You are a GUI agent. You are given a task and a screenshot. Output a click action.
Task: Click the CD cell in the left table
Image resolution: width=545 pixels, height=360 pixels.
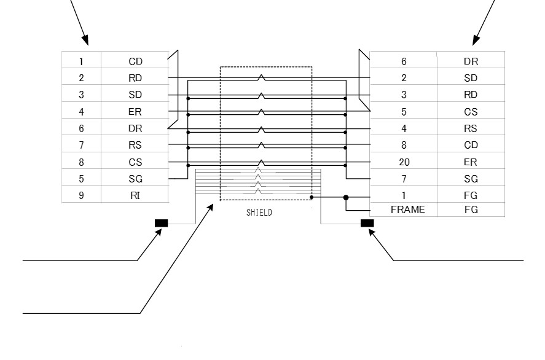click(x=135, y=61)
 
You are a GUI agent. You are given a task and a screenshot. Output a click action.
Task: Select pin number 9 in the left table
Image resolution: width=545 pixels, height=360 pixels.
click(x=81, y=195)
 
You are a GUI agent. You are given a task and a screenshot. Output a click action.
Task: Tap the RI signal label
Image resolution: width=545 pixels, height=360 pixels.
click(x=135, y=195)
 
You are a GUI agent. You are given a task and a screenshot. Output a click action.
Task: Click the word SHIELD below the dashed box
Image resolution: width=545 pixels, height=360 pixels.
click(x=259, y=213)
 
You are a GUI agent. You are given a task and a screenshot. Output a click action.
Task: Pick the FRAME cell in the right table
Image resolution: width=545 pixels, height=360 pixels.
click(x=408, y=209)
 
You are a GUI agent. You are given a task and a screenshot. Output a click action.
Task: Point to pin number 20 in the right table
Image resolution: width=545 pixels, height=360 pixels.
click(x=404, y=162)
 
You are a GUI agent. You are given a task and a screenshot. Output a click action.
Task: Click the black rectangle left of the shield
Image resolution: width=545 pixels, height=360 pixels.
click(x=161, y=223)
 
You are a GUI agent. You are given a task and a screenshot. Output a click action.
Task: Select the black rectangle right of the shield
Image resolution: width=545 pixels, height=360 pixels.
click(x=367, y=223)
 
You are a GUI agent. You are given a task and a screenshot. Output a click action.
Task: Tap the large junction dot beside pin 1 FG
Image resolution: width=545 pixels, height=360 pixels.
click(x=346, y=197)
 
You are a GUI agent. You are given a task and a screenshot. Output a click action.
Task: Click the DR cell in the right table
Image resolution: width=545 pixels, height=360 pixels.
click(x=471, y=61)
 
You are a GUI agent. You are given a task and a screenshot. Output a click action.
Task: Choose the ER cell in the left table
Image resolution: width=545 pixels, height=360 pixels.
click(x=135, y=112)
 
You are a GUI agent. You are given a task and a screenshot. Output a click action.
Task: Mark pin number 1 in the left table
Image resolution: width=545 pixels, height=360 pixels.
click(x=81, y=61)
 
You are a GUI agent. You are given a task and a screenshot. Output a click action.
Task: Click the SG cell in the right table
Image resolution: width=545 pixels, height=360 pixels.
click(x=471, y=179)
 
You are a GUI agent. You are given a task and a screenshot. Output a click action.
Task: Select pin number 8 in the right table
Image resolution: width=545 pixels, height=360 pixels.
click(x=404, y=145)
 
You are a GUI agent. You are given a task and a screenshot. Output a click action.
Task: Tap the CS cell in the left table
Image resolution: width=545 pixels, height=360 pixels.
click(x=135, y=162)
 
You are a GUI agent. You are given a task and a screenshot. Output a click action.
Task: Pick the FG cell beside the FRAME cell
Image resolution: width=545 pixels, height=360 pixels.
click(x=471, y=209)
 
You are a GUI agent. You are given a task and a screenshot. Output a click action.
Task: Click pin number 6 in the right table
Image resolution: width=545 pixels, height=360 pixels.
click(x=404, y=61)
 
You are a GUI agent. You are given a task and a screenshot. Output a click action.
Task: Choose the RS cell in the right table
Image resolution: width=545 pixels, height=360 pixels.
click(x=471, y=128)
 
